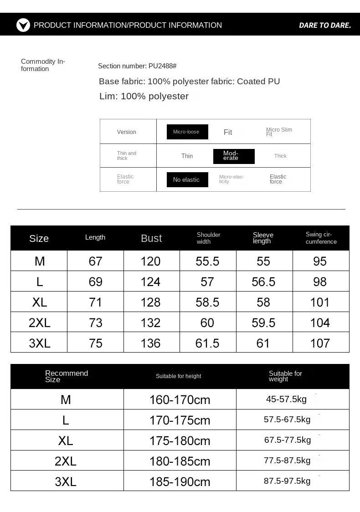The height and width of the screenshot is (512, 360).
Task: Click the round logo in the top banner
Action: coord(23,25)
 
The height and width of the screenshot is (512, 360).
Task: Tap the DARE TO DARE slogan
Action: coord(324,26)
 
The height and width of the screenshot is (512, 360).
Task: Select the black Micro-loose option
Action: coord(187,132)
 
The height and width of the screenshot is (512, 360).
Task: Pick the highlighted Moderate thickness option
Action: coord(234,156)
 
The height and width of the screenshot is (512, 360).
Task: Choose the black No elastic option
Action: coord(187,179)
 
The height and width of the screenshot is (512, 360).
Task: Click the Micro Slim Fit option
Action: coord(279,132)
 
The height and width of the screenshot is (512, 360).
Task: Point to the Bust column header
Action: coord(151,238)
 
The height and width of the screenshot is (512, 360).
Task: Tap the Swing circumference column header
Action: coord(321,238)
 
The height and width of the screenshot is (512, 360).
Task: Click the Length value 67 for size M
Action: coord(95,261)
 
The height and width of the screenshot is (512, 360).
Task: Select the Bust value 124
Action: coord(150,282)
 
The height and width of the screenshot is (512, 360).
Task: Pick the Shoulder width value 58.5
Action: coord(207,302)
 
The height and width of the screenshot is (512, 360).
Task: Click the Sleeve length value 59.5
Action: coord(263,323)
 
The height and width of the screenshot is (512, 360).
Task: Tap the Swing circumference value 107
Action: coord(320,343)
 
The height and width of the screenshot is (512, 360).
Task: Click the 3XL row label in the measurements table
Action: coord(40,343)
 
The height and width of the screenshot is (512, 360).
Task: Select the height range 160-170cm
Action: coord(180,400)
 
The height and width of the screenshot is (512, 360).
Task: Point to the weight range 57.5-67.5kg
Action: coord(287,420)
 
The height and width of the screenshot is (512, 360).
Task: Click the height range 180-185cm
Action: coord(180,461)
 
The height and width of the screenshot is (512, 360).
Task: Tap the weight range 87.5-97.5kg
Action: coord(287,481)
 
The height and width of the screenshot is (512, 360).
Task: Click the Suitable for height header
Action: coord(178,376)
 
